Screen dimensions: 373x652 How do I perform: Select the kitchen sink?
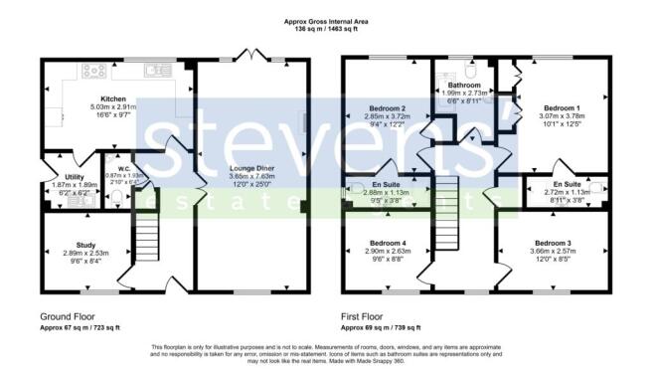pyautogui.click(x=156, y=71)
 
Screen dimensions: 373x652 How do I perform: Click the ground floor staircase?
pyautogui.click(x=146, y=243)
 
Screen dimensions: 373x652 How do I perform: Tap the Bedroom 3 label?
pyautogui.click(x=555, y=244)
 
